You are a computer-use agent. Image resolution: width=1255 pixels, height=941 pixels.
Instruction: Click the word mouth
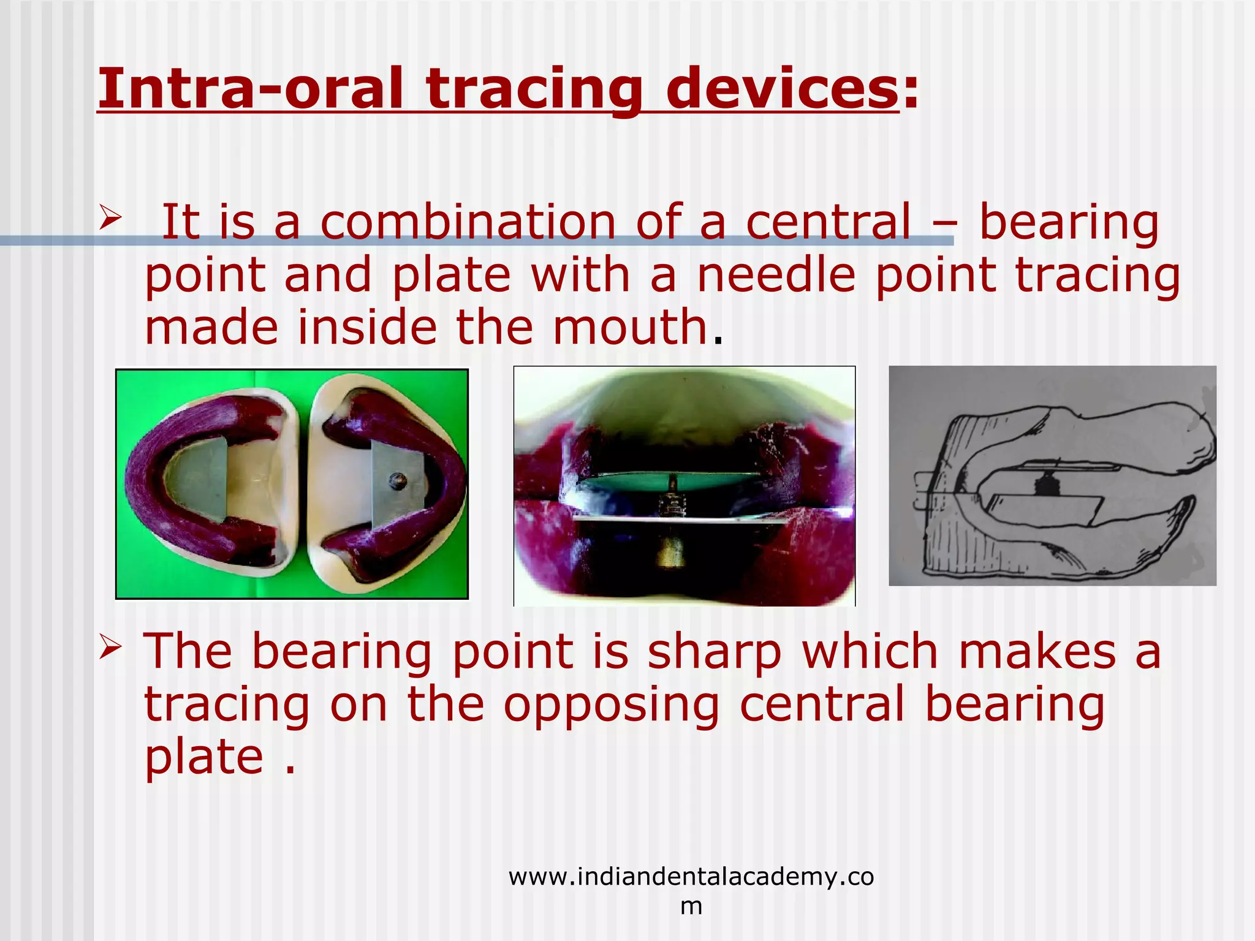(x=631, y=327)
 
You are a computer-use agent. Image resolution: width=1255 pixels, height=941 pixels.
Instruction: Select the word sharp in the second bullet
(x=715, y=652)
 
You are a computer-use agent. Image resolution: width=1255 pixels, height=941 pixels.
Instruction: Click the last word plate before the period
(x=204, y=757)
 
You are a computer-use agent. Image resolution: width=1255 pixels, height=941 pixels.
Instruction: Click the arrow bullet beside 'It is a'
(x=110, y=217)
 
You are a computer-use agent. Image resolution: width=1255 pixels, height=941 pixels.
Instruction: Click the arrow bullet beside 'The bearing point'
(x=110, y=647)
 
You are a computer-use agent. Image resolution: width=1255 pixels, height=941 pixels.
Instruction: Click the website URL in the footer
(x=691, y=877)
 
